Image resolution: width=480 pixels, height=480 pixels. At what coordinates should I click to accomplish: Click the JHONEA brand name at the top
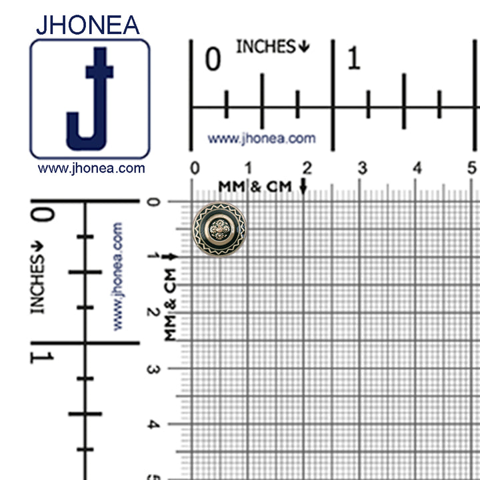point(88,25)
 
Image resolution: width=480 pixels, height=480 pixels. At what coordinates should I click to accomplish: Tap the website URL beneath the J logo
point(91,169)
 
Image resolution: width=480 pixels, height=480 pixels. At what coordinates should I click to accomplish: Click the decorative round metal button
point(219,229)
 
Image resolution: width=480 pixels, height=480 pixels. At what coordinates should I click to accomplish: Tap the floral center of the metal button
point(219,229)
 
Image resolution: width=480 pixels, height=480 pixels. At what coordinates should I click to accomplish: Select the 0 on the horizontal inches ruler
point(213,59)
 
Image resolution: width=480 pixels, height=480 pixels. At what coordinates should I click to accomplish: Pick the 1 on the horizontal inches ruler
point(354,58)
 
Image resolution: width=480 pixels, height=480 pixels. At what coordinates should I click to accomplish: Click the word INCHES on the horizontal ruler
point(266,47)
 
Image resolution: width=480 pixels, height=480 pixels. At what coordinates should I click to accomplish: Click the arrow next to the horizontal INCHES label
point(304,46)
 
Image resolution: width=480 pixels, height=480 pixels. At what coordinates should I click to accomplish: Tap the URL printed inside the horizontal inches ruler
point(262,139)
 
